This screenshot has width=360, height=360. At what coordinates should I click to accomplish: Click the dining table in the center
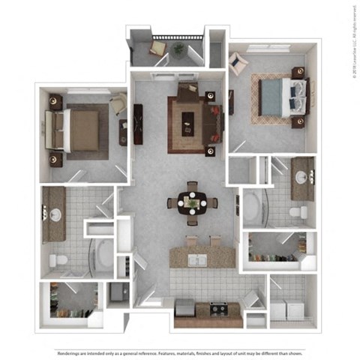pyautogui.click(x=193, y=201)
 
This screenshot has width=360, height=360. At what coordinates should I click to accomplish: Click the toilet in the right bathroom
pyautogui.click(x=299, y=213)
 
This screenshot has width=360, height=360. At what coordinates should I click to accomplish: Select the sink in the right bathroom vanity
pyautogui.click(x=302, y=178)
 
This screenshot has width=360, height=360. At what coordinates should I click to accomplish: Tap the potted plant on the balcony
pyautogui.click(x=178, y=49)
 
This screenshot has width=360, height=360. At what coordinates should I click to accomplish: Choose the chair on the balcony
pyautogui.click(x=158, y=49)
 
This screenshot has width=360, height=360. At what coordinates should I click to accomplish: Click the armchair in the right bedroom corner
pyautogui.click(x=238, y=64)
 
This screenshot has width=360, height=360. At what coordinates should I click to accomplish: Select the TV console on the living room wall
pyautogui.click(x=138, y=124)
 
